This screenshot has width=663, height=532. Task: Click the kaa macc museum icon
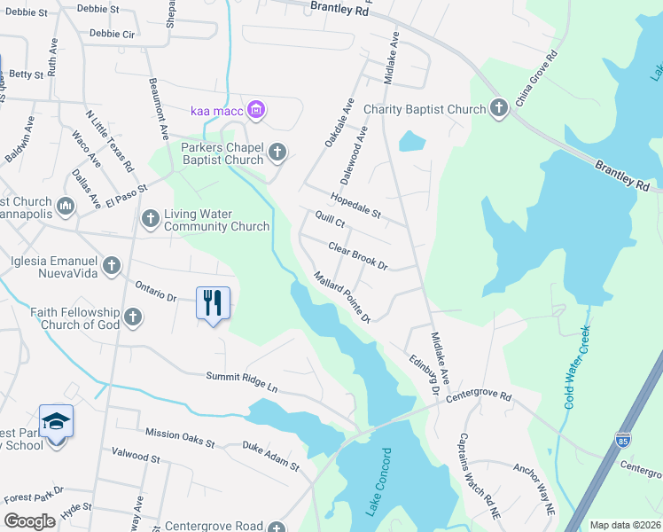256,110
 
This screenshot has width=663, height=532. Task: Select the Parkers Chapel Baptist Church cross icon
277,153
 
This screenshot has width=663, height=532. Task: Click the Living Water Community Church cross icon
150,218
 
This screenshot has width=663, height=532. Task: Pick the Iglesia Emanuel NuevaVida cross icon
112,264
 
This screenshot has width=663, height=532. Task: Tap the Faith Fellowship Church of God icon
133,317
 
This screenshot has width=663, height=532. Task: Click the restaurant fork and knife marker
213,303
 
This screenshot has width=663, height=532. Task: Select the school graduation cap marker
56,420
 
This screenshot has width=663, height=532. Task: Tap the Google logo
29,521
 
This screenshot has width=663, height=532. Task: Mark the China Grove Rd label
537,78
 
